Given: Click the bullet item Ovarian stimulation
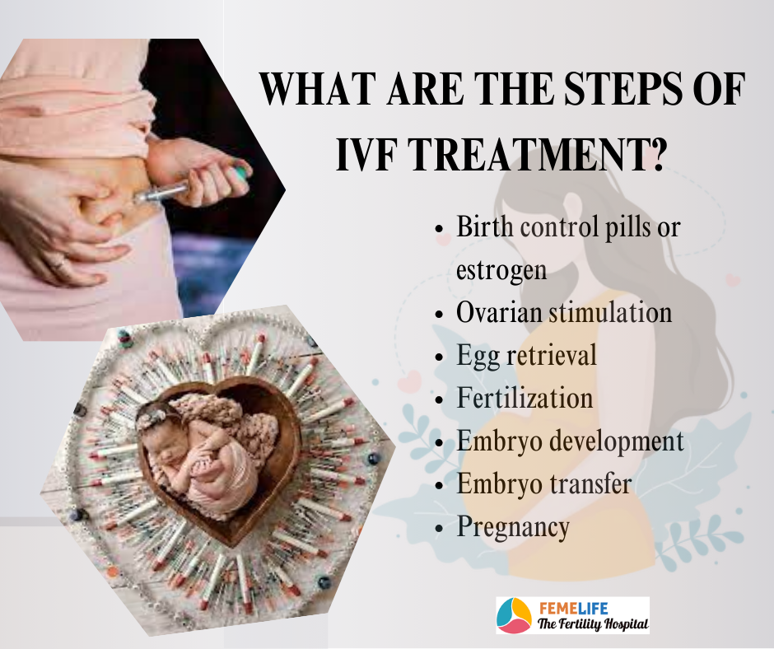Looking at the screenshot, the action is click(x=564, y=312).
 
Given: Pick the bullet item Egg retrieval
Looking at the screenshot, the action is click(x=526, y=356).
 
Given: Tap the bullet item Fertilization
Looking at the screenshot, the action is click(x=525, y=398).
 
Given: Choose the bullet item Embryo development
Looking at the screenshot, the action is click(x=570, y=441).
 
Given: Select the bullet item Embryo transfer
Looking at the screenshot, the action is click(x=543, y=483).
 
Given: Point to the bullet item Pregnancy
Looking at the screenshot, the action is click(x=513, y=527).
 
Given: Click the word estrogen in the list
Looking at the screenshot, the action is click(x=501, y=270).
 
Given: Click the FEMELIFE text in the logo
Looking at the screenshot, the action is click(x=573, y=608).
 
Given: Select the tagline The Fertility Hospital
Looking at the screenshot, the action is click(x=593, y=623).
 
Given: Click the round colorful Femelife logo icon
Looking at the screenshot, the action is click(x=514, y=615).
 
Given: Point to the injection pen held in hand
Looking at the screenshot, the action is click(x=192, y=184).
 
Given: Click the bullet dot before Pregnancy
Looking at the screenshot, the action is click(x=440, y=528).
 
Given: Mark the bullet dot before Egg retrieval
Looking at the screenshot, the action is click(x=440, y=357).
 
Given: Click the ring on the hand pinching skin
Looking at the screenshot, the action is click(x=59, y=264).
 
